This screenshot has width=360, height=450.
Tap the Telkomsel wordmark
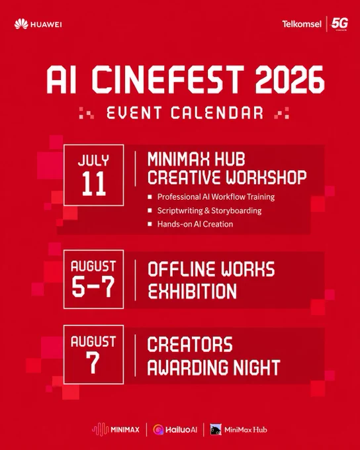tap(302, 24)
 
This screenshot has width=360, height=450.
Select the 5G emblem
tap(339, 24)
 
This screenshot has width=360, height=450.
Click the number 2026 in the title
tap(290, 80)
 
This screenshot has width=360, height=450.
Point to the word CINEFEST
tap(168, 80)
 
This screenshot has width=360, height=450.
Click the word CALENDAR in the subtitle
tap(217, 112)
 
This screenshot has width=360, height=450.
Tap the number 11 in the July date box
tap(93, 184)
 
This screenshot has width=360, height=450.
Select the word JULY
tap(93, 160)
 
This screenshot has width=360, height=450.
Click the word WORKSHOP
tap(266, 177)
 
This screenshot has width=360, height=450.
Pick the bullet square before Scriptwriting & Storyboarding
tap(150, 210)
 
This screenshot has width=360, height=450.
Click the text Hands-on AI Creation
tap(195, 224)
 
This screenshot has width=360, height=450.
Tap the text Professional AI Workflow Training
tap(216, 197)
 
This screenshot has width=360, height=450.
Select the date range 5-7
tap(93, 287)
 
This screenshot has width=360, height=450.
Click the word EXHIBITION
tap(192, 291)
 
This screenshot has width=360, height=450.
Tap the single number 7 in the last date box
tap(93, 363)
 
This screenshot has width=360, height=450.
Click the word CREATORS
tap(190, 344)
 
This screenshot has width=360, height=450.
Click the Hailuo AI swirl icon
tap(158, 429)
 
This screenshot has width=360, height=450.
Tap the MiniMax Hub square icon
tap(216, 429)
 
